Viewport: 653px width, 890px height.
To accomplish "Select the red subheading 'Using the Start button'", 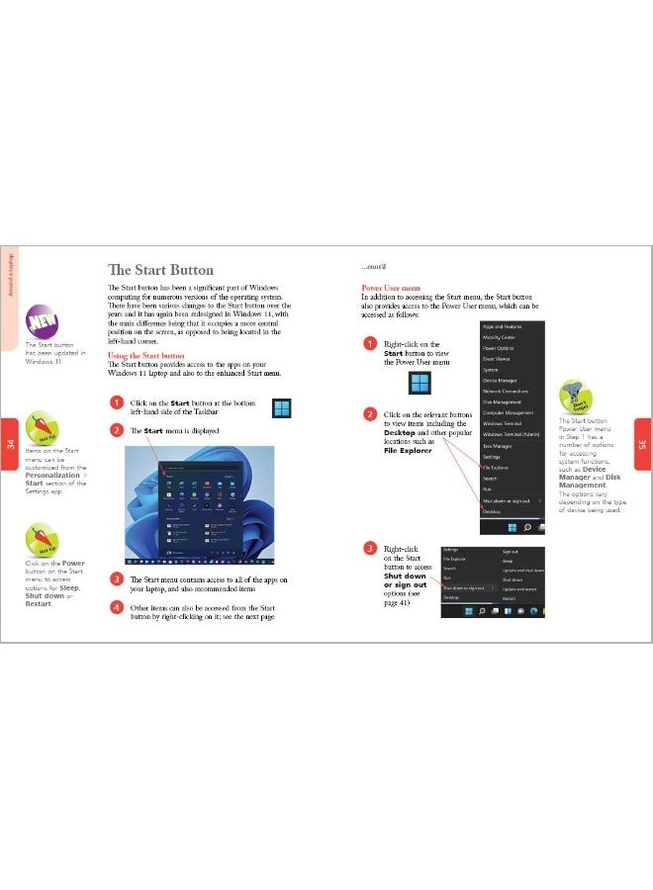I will coord(145,355).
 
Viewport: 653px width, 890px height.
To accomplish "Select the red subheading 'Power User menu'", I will coord(391,288).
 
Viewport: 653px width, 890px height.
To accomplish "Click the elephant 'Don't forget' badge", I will coord(575,397).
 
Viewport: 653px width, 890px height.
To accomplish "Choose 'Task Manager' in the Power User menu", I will coord(497,446).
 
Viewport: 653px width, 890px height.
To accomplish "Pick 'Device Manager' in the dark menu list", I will coord(500,381).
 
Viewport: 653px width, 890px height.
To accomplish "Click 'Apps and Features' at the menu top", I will coord(502,326).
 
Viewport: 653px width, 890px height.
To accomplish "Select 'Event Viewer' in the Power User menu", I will coord(497,359).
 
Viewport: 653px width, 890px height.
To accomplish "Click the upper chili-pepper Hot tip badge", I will coord(42,427).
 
